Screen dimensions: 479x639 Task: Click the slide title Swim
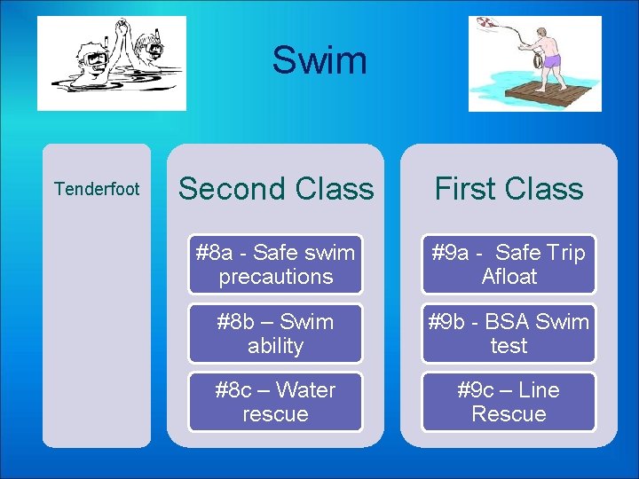tap(319, 60)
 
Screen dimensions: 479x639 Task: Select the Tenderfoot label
tap(97, 189)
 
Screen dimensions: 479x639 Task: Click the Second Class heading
tap(276, 189)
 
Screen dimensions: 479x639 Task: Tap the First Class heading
tap(509, 189)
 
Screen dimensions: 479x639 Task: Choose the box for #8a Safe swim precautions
tap(275, 264)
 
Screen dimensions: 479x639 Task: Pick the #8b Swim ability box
tap(275, 334)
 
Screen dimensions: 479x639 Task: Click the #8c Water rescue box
tap(275, 402)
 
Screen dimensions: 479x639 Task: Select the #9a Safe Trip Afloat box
tap(509, 264)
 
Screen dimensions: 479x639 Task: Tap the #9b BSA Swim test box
tap(509, 334)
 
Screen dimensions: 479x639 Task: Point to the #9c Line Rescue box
tap(509, 402)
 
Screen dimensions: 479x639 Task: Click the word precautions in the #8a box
tap(275, 277)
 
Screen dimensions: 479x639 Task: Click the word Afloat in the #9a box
tap(509, 277)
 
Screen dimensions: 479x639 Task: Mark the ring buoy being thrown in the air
tap(486, 22)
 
